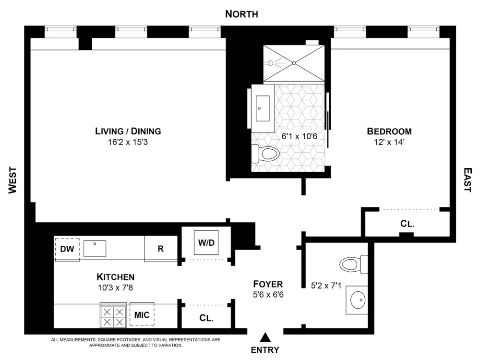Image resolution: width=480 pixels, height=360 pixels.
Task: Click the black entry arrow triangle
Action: click(265, 337)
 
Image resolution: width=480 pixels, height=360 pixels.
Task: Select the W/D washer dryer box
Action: click(206, 242)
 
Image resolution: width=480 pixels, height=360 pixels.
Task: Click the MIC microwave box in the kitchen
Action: click(142, 314)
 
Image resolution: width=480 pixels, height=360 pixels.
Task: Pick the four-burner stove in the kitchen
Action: click(113, 316)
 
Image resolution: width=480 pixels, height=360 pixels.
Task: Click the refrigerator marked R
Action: click(161, 249)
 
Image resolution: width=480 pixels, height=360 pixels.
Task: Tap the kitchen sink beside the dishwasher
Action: click(95, 248)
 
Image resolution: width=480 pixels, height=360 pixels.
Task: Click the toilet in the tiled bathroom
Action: click(265, 154)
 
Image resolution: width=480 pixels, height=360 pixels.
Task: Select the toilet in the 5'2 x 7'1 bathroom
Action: click(354, 264)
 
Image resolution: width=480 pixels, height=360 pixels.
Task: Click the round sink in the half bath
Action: click(357, 300)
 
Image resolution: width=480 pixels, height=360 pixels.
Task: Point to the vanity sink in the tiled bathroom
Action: click(263, 108)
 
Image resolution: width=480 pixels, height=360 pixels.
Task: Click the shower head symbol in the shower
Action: click(270, 63)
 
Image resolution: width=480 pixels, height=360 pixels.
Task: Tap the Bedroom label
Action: click(389, 132)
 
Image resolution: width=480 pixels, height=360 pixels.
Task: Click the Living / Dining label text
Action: click(128, 131)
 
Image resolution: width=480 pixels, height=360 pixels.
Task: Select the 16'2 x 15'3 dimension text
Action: click(128, 142)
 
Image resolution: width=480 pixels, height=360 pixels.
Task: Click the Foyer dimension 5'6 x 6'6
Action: click(268, 295)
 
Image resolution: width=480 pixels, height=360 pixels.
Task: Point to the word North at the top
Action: click(241, 14)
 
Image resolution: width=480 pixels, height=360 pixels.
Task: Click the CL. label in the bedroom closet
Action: click(408, 224)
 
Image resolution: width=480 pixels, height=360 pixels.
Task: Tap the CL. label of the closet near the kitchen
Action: click(206, 318)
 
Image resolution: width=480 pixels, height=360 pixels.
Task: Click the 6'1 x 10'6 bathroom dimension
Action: click(300, 136)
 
